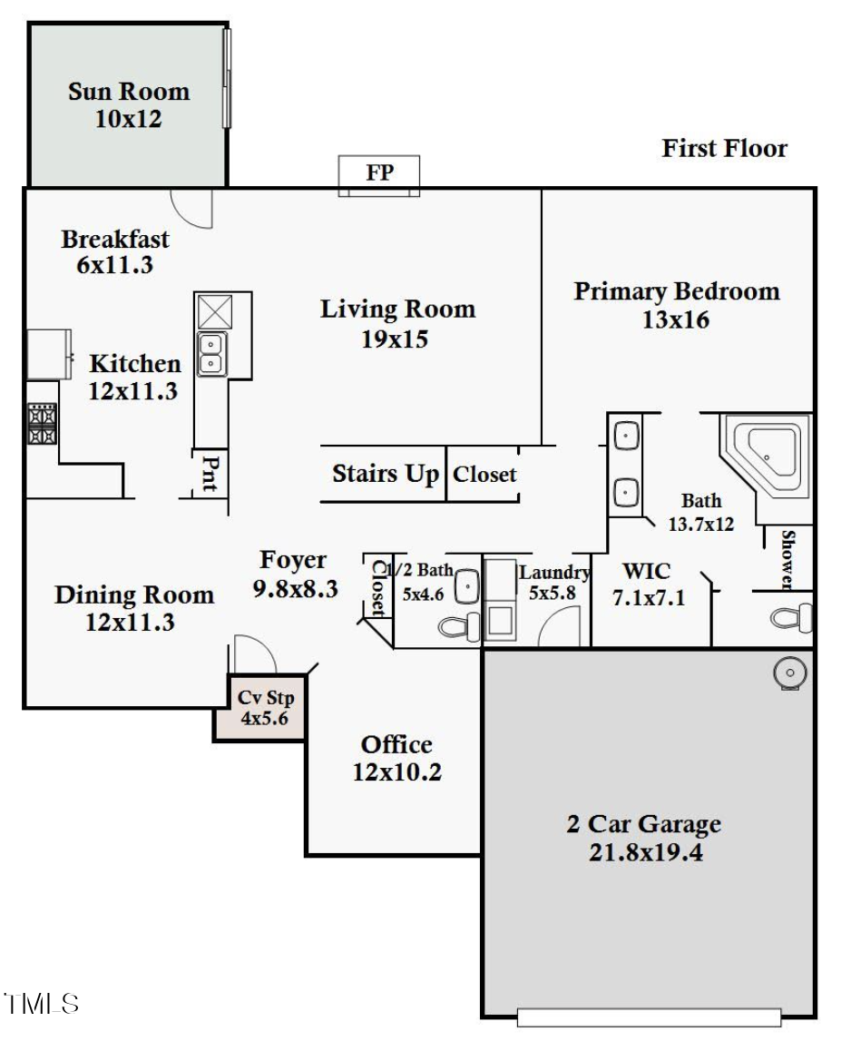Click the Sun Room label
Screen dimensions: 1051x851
(128, 92)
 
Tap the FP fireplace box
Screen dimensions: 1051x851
(379, 174)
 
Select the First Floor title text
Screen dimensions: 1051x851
(724, 148)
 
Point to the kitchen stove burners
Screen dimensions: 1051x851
(42, 424)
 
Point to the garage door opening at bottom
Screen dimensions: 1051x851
(649, 1017)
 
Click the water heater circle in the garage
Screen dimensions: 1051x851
(789, 673)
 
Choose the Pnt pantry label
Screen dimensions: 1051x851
(210, 474)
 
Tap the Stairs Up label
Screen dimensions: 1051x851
(386, 474)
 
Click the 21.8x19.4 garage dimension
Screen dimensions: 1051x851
(645, 853)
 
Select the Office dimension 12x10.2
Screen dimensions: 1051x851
(396, 772)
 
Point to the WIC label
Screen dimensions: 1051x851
(646, 572)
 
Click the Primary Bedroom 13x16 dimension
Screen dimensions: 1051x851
(676, 319)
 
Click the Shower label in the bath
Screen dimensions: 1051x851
(787, 558)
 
